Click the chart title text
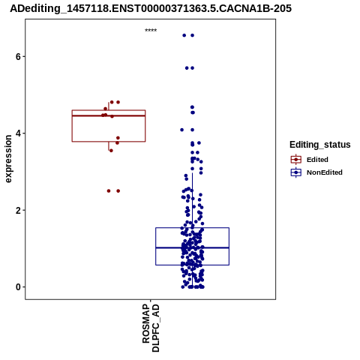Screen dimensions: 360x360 click(151, 8)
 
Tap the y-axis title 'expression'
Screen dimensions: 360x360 click(8, 159)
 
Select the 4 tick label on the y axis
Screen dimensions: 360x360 click(18, 133)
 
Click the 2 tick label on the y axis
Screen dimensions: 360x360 click(18, 210)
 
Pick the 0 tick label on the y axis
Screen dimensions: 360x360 click(18, 287)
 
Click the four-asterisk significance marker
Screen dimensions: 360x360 click(151, 30)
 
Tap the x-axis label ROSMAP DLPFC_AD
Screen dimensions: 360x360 click(151, 328)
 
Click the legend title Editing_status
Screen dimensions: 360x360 click(320, 145)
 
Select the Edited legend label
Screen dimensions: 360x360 click(317, 160)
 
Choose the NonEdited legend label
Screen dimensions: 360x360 click(325, 172)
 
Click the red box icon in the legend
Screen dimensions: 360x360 click(296, 159)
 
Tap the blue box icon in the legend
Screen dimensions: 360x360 click(296, 172)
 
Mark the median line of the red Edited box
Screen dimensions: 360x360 click(109, 115)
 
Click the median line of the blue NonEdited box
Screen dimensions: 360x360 click(192, 247)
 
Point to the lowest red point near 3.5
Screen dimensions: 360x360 click(111, 151)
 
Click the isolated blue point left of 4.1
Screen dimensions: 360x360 click(181, 130)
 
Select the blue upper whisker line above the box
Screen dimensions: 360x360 click(192, 200)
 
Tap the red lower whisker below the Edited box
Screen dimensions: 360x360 click(109, 146)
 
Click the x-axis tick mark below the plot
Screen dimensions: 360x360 click(151, 301)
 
